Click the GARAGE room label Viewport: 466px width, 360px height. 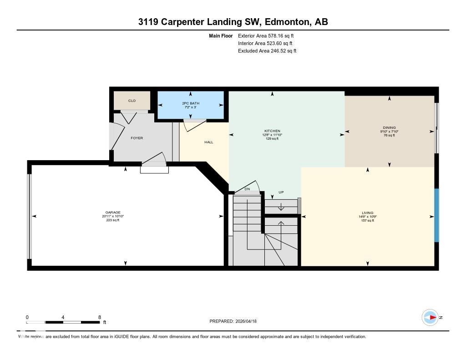click(x=113, y=213)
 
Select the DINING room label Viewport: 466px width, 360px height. click(x=389, y=128)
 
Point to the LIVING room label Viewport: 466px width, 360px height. click(x=367, y=213)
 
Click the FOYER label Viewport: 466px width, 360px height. click(x=137, y=138)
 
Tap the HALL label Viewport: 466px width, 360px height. click(x=208, y=142)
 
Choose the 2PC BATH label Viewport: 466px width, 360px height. click(x=190, y=103)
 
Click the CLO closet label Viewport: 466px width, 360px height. click(x=132, y=101)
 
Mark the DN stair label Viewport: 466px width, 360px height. click(x=247, y=189)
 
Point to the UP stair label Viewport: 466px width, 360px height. click(x=281, y=193)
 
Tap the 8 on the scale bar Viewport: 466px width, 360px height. click(x=99, y=317)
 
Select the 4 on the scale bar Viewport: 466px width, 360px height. click(x=63, y=317)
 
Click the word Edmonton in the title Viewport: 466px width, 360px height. click(x=285, y=22)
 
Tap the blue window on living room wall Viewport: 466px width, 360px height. click(x=436, y=215)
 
